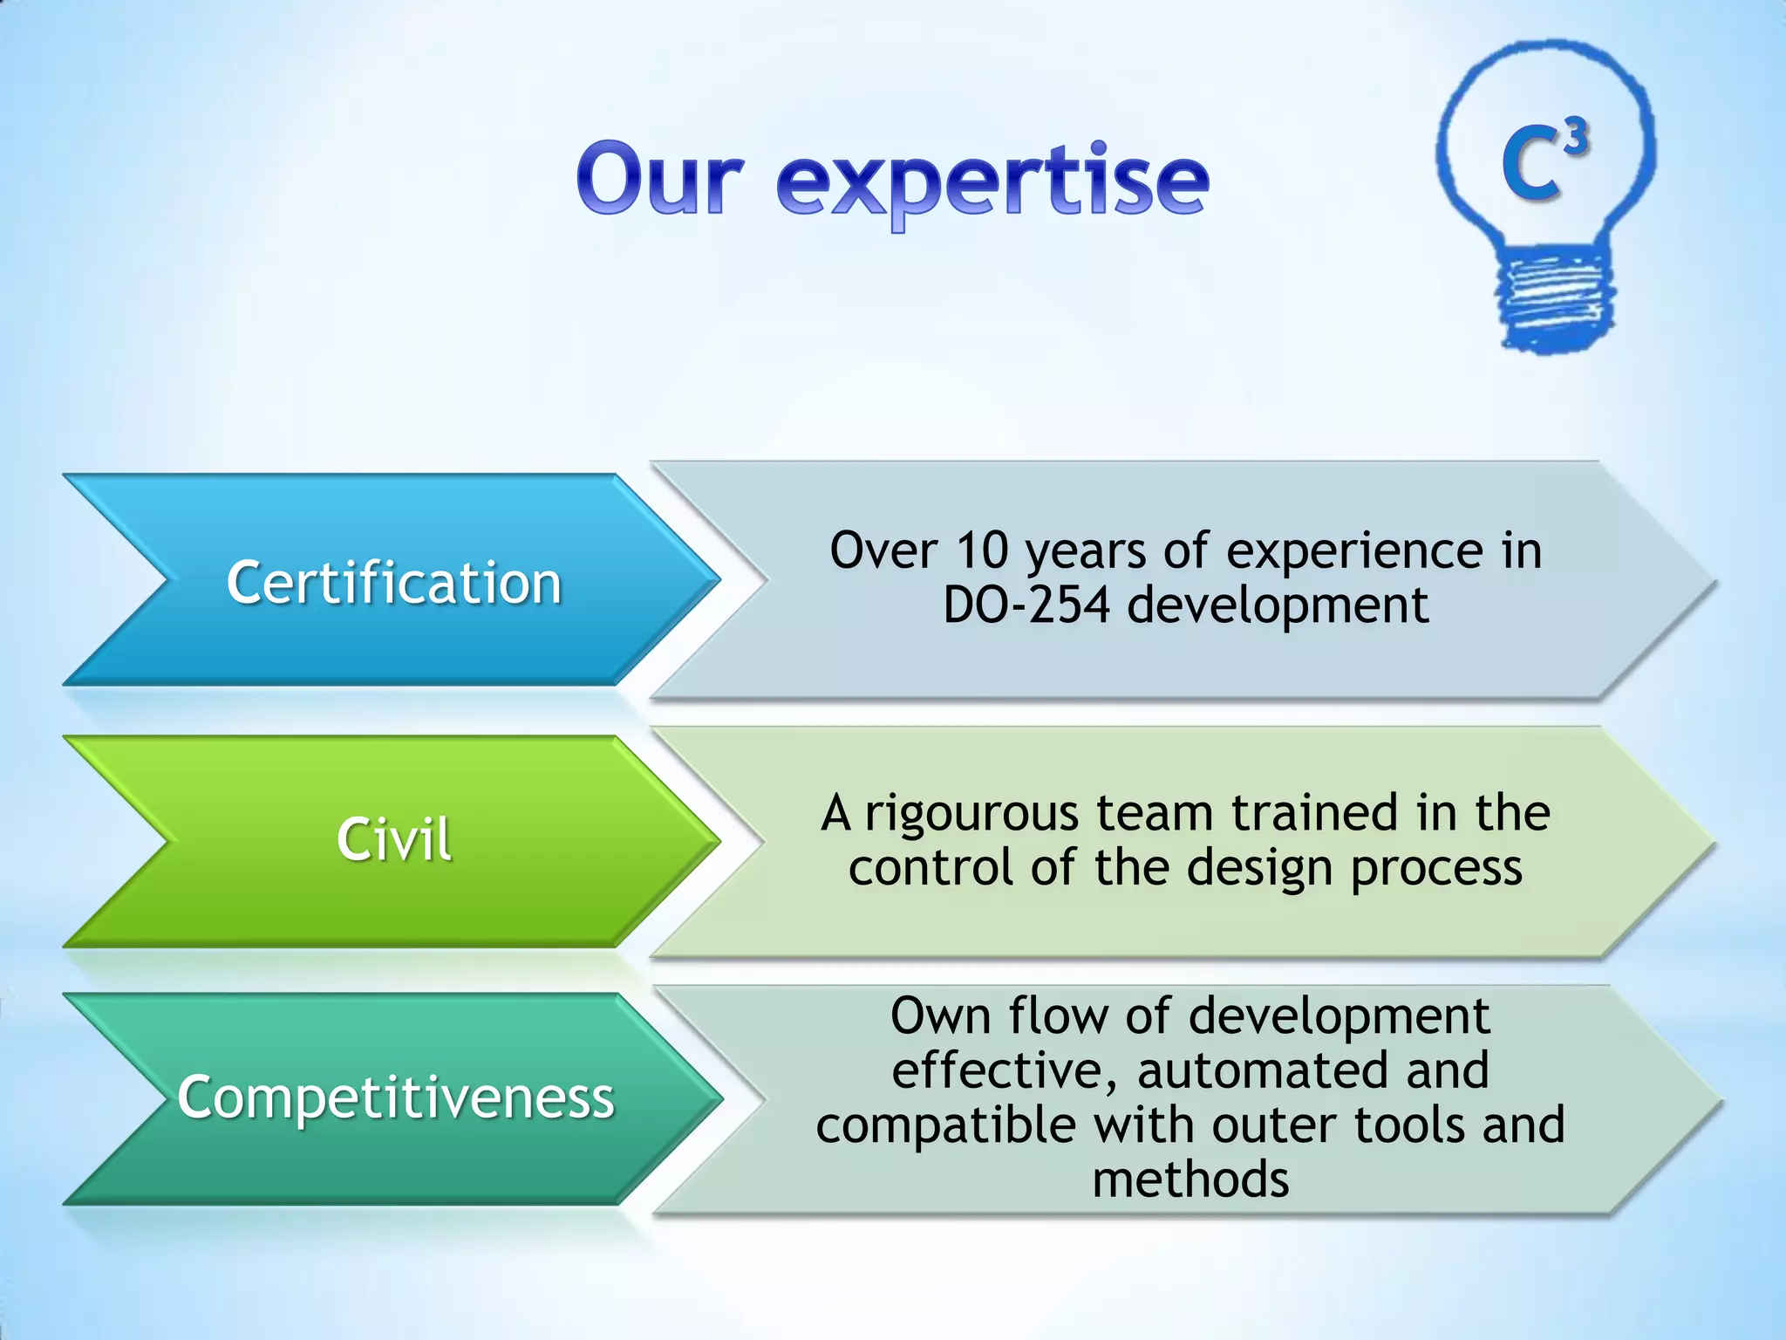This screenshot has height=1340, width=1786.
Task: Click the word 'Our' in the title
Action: tap(660, 179)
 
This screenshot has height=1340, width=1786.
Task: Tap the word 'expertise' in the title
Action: tap(992, 181)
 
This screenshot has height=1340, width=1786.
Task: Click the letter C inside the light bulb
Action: tap(1530, 164)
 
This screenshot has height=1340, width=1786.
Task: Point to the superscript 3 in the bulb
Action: tap(1575, 138)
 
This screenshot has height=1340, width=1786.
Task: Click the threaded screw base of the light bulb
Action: tap(1553, 297)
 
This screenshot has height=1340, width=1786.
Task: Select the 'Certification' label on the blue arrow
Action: tap(394, 583)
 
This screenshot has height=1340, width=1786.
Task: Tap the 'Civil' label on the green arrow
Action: tap(394, 840)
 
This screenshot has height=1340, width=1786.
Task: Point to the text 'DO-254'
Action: tap(1026, 605)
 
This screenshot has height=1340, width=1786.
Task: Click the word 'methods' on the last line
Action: tap(1190, 1180)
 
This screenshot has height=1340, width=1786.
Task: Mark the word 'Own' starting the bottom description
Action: tap(940, 1017)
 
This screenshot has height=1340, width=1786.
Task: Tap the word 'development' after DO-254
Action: tap(1278, 605)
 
